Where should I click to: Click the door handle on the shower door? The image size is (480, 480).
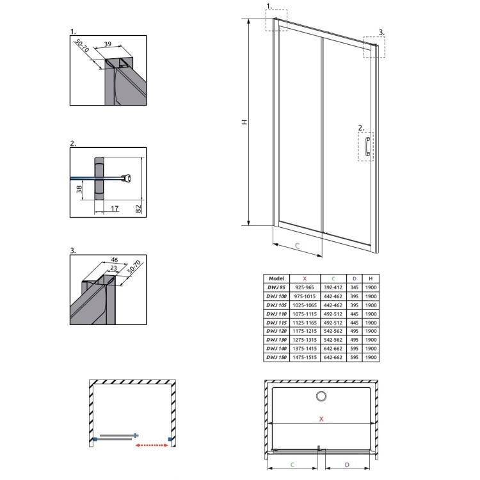point(367,147)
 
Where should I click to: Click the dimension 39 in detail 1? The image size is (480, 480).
point(108,44)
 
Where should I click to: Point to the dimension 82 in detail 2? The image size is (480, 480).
point(138,209)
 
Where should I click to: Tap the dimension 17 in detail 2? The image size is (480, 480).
point(115,209)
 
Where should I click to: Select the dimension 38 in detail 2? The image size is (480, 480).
point(79,189)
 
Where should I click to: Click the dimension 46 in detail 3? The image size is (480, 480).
point(114,260)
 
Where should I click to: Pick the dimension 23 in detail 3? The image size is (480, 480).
point(113,268)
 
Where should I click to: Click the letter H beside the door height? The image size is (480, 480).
point(244,122)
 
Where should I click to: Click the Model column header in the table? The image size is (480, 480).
point(276,278)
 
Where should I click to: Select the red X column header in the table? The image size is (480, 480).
point(305,278)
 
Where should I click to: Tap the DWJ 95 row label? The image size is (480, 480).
point(276,287)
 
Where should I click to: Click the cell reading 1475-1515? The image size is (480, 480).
point(305,357)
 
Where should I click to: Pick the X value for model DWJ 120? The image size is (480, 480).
point(305,331)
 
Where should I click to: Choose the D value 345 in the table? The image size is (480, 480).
point(354,287)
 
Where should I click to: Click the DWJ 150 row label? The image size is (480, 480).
point(276,357)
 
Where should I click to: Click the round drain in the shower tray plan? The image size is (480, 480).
point(321,396)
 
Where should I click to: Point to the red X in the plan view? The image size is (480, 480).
point(321,419)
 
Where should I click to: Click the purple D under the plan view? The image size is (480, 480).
point(347,465)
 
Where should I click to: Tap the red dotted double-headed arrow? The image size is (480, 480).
point(152,445)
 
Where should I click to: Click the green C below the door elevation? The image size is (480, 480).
point(297,245)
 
